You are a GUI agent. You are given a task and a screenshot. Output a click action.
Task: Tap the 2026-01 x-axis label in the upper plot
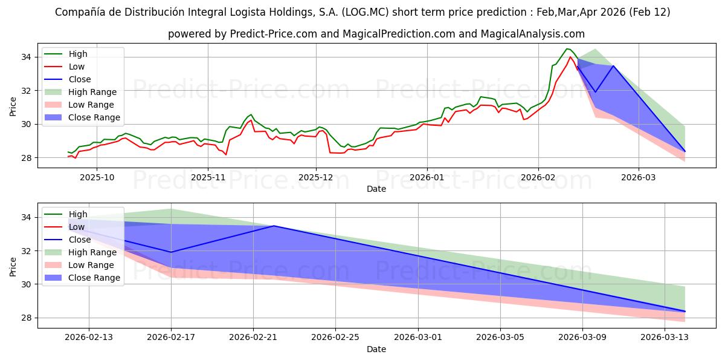(x=427, y=177)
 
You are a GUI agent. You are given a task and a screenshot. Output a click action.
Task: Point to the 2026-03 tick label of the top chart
(x=639, y=177)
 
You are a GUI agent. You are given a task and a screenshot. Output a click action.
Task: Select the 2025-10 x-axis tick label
(x=97, y=177)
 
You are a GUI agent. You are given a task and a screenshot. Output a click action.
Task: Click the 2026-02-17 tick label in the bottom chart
(x=171, y=337)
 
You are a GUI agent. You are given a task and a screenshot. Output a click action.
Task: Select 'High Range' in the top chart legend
(x=92, y=92)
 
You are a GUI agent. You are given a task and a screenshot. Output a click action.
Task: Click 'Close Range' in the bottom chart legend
(x=94, y=278)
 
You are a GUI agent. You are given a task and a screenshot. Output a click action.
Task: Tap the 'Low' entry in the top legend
(x=77, y=67)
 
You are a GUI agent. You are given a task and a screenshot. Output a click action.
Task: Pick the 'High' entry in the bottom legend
(x=78, y=214)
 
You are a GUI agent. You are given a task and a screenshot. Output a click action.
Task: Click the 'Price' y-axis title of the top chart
(x=13, y=107)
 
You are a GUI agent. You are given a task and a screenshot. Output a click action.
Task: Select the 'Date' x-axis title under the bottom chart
(x=376, y=349)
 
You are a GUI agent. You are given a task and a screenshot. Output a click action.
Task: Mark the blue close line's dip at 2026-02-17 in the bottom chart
(x=171, y=252)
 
